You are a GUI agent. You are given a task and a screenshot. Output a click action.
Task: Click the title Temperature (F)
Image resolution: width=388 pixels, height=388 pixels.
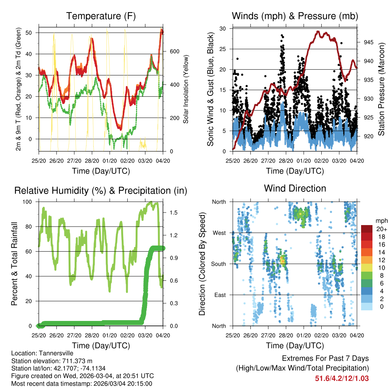101,16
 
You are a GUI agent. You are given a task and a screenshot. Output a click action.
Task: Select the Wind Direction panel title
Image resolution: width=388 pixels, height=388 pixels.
295,188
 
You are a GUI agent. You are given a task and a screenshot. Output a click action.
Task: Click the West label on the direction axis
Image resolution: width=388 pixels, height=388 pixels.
219,233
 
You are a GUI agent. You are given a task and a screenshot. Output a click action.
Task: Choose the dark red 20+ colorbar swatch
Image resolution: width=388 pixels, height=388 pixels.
366,229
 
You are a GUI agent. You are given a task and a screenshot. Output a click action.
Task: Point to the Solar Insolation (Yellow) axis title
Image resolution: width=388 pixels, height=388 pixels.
186,89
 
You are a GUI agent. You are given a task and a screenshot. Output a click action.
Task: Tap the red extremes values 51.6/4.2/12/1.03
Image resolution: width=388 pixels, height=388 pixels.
342,378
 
